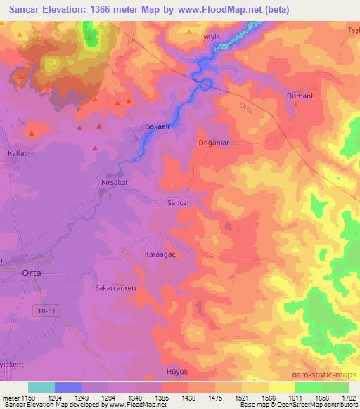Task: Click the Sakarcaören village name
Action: [115, 288]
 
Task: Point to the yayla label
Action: [211, 35]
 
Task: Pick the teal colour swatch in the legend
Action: [41, 387]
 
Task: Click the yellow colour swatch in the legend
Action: [282, 387]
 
